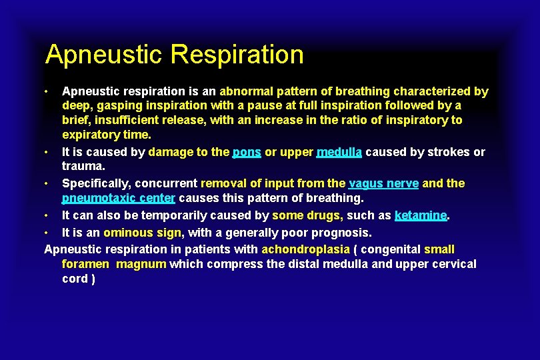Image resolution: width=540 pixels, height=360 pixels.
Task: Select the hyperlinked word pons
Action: tap(247, 152)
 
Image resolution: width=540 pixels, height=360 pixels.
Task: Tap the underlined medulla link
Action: tap(339, 152)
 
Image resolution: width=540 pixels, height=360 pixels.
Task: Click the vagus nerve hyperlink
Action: tap(384, 183)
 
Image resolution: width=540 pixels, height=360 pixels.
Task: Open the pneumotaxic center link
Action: tap(119, 198)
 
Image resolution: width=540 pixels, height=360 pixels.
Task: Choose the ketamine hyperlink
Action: tap(420, 215)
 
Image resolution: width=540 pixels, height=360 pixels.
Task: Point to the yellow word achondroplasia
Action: tap(305, 249)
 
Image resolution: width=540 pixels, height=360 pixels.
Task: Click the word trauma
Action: tap(83, 166)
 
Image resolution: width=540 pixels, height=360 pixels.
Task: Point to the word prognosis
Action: tap(341, 233)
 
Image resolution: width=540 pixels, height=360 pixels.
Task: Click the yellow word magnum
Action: tap(142, 264)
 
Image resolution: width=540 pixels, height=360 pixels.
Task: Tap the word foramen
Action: tap(87, 264)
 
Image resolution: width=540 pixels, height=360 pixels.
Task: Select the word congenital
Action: tap(391, 249)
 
